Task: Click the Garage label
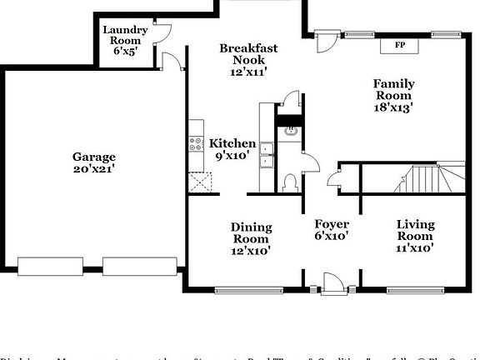coord(93,162)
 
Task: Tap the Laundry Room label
coord(125,40)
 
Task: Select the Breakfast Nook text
coord(248,60)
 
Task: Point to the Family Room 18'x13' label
coord(393,95)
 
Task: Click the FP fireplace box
coord(400,45)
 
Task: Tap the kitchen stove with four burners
coord(197,143)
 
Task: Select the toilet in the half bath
coord(289,182)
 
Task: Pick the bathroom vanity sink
coord(291,132)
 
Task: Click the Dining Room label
coord(251,238)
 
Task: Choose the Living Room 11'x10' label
coord(415,235)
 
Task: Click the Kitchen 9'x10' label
coord(232,150)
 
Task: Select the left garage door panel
coord(50,266)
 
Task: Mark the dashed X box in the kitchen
coord(197,182)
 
